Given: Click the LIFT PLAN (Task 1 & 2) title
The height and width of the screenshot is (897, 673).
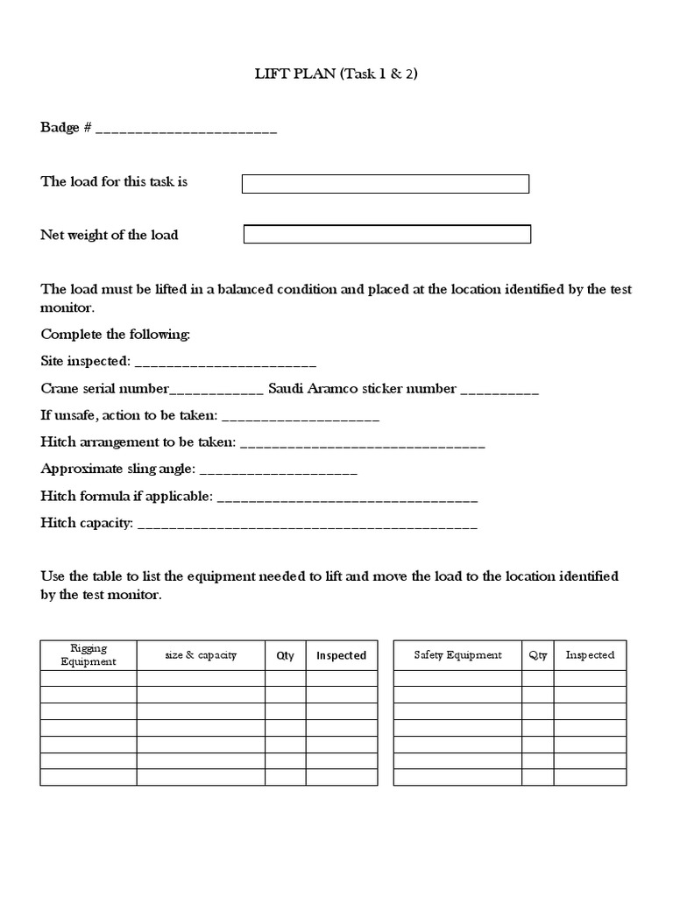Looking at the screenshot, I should [336, 74].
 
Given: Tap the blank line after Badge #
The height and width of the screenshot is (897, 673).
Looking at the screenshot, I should [186, 130].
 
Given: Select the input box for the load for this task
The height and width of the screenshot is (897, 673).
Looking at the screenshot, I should [385, 183].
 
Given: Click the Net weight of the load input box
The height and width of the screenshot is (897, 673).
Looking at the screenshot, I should [386, 234].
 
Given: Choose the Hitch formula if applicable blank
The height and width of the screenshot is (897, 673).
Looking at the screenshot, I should [346, 498].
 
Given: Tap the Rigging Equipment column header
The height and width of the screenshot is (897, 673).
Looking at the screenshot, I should [89, 655].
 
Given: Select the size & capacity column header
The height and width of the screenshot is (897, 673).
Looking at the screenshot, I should [201, 655].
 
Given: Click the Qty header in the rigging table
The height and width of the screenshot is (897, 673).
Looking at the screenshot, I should [286, 655].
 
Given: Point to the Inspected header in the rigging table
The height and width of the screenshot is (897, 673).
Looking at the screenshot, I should [341, 655].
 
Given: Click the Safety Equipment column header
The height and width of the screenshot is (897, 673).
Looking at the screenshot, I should [458, 655].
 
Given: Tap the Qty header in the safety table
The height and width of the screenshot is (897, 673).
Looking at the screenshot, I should [538, 655].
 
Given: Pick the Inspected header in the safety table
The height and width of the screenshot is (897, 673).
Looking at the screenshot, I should [590, 655].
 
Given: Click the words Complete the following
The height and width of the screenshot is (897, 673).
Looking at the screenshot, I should [115, 335].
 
